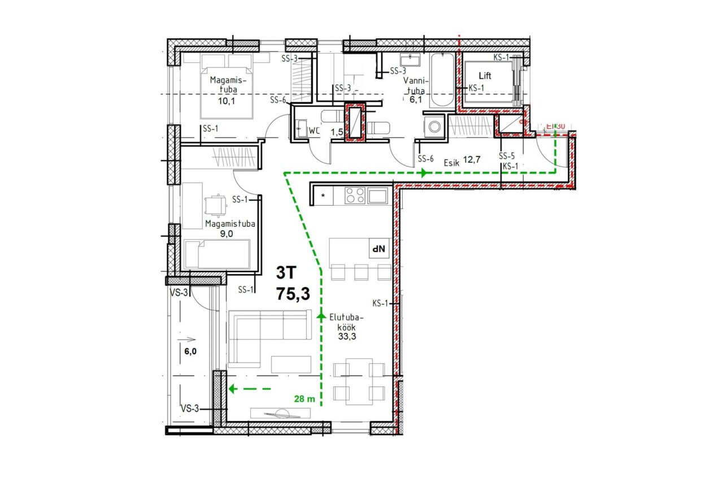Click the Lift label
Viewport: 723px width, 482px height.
click(x=485, y=76)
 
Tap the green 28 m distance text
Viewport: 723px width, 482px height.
click(x=304, y=399)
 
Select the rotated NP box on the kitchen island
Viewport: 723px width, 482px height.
click(x=379, y=249)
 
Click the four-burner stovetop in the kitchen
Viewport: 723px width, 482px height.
click(x=355, y=196)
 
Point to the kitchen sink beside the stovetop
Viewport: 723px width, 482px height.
click(x=378, y=196)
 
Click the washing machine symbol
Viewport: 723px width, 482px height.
click(x=434, y=127)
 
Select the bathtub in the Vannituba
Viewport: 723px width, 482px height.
click(x=442, y=80)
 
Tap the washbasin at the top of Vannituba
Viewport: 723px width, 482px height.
click(x=410, y=60)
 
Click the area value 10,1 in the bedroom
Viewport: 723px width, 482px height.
click(x=227, y=101)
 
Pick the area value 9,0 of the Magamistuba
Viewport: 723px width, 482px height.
click(x=227, y=234)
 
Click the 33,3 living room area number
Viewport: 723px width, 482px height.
click(x=347, y=336)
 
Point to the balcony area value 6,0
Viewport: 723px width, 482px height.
click(x=190, y=351)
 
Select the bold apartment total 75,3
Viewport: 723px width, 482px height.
click(x=293, y=294)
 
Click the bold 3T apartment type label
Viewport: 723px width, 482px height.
click(x=286, y=273)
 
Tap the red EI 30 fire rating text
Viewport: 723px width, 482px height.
click(x=555, y=126)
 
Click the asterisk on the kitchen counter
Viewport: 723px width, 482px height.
click(x=323, y=196)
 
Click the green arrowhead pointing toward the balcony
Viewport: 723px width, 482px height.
click(x=232, y=389)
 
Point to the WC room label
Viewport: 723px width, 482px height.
click(x=313, y=131)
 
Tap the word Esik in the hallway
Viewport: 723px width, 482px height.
click(x=451, y=163)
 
